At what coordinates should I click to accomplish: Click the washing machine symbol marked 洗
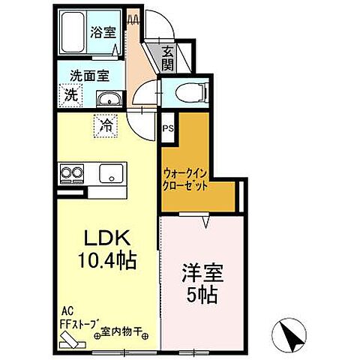pyautogui.click(x=70, y=95)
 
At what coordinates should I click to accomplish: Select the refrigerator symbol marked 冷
pyautogui.click(x=107, y=125)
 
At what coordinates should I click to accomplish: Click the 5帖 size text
pyautogui.click(x=201, y=294)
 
